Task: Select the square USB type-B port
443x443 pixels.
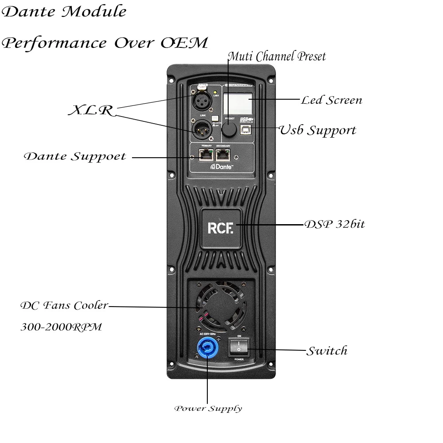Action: point(245,129)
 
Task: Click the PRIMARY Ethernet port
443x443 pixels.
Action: point(206,155)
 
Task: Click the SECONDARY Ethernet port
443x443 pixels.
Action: point(223,155)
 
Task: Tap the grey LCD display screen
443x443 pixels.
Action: point(238,103)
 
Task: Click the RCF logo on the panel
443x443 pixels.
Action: point(220,228)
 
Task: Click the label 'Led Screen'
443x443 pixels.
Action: point(331,100)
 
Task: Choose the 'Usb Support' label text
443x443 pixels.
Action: point(317,130)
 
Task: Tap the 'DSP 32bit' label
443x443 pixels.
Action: point(334,224)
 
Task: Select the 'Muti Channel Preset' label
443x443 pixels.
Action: point(277,57)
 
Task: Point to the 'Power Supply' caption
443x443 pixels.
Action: point(208,408)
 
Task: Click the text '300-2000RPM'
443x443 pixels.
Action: point(61,327)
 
